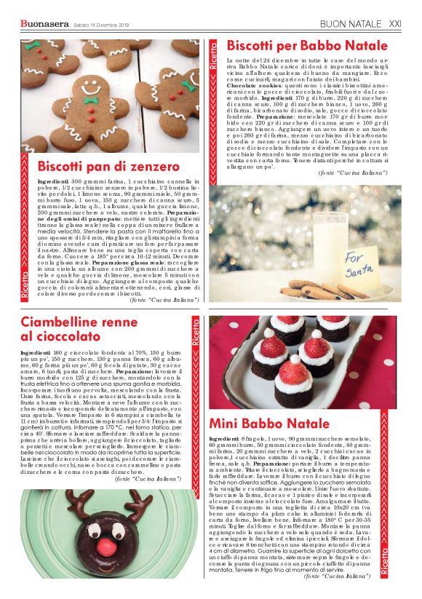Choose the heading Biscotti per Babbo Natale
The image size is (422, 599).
coord(297,47)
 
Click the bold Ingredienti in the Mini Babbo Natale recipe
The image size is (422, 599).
coord(228,440)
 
